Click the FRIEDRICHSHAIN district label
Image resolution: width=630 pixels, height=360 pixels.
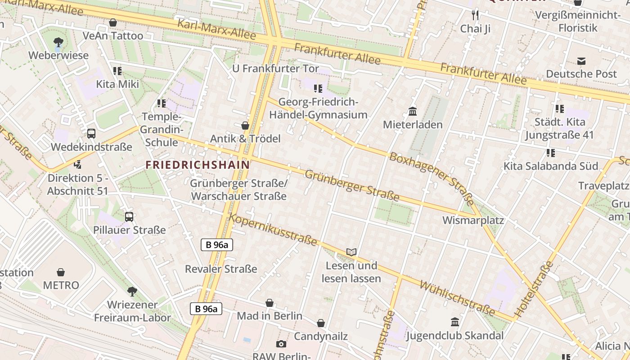coord(198,165)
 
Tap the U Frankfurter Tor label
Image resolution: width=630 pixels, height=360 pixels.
coord(275,69)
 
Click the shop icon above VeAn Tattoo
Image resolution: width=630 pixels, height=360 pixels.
coord(113,22)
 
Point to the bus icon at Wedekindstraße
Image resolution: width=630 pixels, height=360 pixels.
coord(91,133)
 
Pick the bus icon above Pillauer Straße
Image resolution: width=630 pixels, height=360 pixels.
coord(129,216)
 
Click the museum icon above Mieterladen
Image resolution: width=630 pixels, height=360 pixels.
coord(412,111)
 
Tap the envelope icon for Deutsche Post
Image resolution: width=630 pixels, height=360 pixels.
coord(581,61)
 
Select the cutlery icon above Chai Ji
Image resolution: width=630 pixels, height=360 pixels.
coord(475,16)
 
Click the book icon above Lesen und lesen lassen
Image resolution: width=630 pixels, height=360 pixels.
coord(351,252)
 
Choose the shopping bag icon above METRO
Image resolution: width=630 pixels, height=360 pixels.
coord(61,272)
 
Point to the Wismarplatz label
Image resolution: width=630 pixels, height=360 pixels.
coord(473,220)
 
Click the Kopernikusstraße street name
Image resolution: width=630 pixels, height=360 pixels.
coord(273,230)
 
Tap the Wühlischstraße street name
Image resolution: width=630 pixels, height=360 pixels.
coord(457,298)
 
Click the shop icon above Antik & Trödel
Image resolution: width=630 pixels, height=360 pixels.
coord(245,126)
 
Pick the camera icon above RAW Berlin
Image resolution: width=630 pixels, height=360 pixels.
coord(281,344)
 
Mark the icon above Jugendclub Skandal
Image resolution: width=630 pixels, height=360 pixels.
coord(455,322)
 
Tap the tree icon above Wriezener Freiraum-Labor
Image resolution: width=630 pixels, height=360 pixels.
coord(132,292)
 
